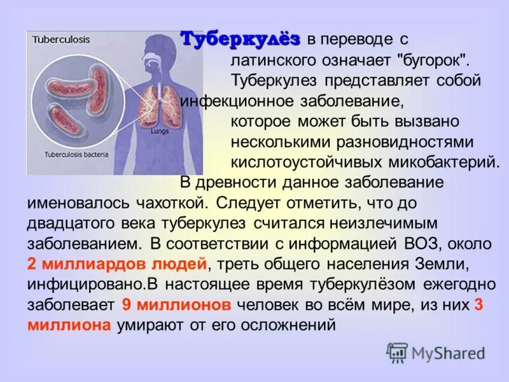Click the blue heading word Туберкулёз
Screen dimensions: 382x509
point(240,38)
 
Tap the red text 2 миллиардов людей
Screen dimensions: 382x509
point(118,263)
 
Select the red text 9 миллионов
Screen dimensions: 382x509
point(176,304)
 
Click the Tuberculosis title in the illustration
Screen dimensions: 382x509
point(61,39)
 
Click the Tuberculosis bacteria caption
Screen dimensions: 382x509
point(76,154)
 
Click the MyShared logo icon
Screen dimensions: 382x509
point(397,352)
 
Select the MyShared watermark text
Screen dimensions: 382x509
point(447,353)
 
